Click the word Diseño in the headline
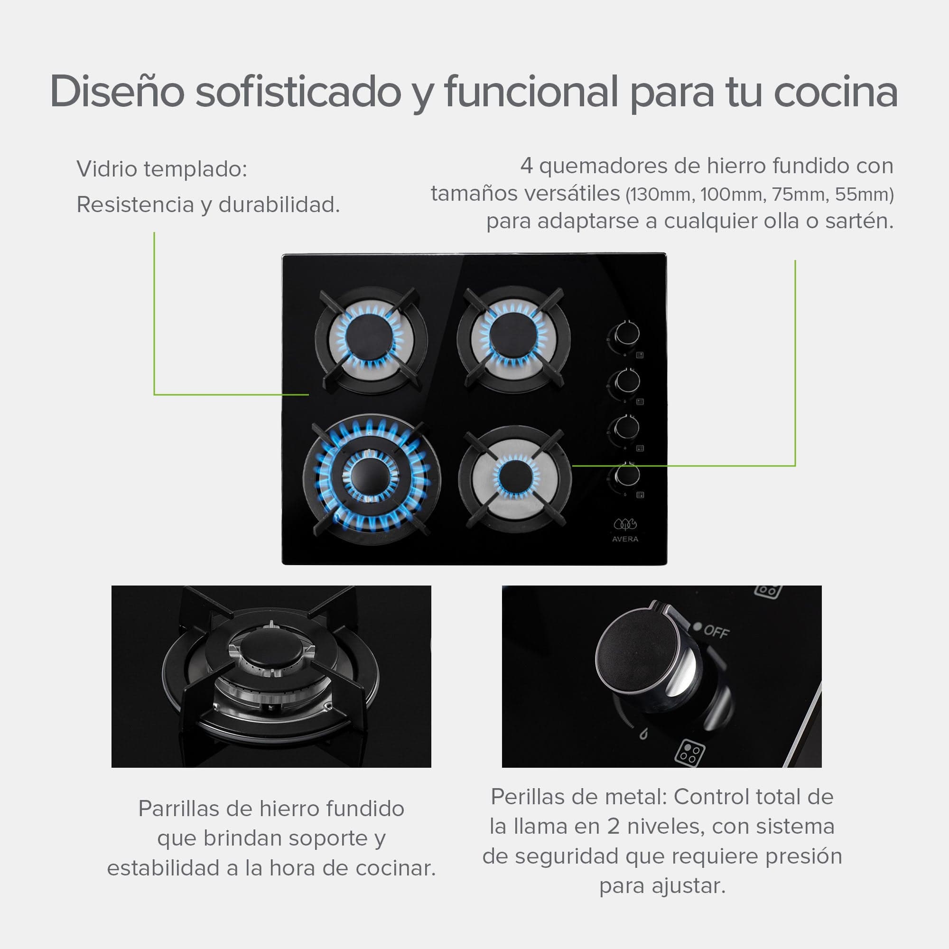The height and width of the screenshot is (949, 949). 117,92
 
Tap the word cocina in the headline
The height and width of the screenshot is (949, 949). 836,92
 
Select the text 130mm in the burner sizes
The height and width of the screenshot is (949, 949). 661,195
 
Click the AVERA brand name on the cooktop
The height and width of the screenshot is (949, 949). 625,539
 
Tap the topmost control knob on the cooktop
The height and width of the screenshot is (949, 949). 626,334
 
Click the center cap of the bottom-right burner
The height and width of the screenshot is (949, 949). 515,476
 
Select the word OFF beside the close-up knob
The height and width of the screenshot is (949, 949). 716,631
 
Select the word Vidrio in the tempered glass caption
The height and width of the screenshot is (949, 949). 107,169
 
